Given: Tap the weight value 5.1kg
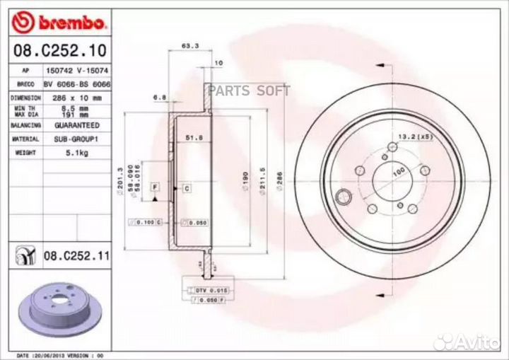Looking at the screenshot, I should tap(76, 151).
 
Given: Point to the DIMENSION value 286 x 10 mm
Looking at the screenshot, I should tap(76, 97).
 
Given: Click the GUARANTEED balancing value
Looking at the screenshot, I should tap(76, 124).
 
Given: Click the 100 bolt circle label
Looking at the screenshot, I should tap(398, 172).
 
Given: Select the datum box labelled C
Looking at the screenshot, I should tap(186, 188).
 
